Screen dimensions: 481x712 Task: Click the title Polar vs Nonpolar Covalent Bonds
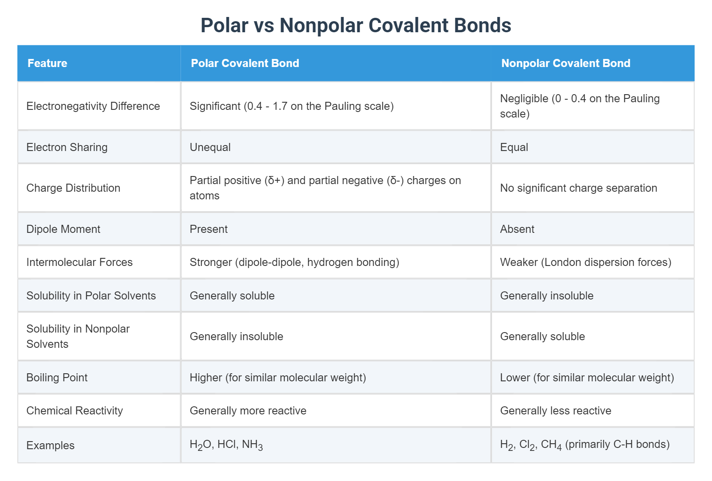pos(356,25)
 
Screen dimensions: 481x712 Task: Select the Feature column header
pos(47,63)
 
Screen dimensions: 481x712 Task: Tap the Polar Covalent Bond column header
pos(245,63)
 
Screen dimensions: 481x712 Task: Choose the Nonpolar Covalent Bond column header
pos(565,63)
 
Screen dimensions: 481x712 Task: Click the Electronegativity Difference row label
pos(93,106)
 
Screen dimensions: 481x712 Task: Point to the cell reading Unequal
pos(210,147)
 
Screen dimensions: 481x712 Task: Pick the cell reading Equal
pos(514,147)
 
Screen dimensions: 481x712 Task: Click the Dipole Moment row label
pos(63,229)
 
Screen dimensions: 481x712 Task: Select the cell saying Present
pos(209,229)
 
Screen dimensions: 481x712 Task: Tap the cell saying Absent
pos(517,229)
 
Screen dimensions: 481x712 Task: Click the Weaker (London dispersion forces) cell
pos(585,262)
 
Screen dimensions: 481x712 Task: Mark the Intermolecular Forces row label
pos(79,262)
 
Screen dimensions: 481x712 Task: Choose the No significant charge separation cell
pos(578,188)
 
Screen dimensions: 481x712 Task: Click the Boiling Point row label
pos(57,378)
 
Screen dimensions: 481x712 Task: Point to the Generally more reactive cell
pos(248,411)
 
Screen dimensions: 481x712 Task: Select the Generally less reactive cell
pos(556,411)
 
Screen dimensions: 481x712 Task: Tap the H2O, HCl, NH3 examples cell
pos(226,445)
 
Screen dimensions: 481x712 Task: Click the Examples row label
pos(50,445)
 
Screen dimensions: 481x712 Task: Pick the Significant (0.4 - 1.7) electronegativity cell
pos(292,106)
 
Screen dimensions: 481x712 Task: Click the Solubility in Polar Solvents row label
pos(91,296)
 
